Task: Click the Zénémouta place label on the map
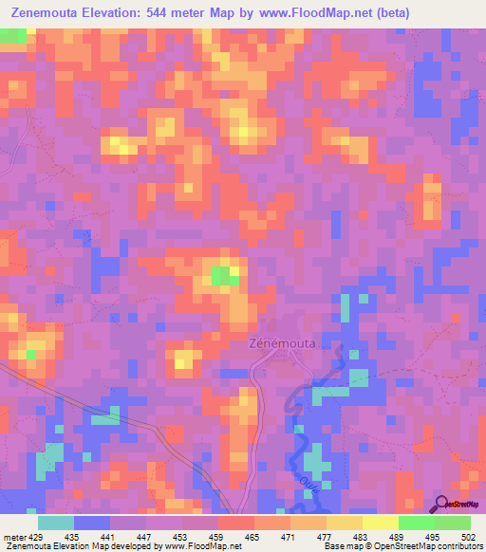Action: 282,343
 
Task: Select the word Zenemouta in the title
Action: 47,12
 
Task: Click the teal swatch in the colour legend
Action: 56,523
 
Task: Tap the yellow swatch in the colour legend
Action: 380,523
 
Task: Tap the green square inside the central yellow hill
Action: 225,276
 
